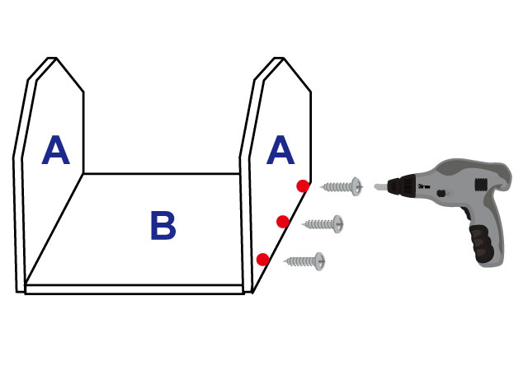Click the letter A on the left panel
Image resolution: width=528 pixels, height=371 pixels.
click(x=55, y=151)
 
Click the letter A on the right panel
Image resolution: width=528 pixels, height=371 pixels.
click(x=280, y=151)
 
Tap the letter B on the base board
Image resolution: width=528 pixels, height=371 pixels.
click(x=163, y=227)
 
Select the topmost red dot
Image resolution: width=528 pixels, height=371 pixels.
click(x=303, y=186)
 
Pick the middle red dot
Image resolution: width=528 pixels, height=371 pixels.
click(x=282, y=221)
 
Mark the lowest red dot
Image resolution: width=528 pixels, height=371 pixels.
click(x=262, y=260)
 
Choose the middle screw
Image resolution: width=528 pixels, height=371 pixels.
click(x=323, y=223)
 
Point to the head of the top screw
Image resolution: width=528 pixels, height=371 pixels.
click(x=356, y=186)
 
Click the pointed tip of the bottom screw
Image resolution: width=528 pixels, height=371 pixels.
click(x=285, y=261)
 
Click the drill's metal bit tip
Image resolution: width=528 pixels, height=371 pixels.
click(x=378, y=187)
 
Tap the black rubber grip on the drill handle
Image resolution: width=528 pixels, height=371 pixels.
click(x=482, y=244)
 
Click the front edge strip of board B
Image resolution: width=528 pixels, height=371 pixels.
click(x=134, y=289)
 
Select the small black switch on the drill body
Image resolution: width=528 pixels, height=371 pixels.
click(x=442, y=194)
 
